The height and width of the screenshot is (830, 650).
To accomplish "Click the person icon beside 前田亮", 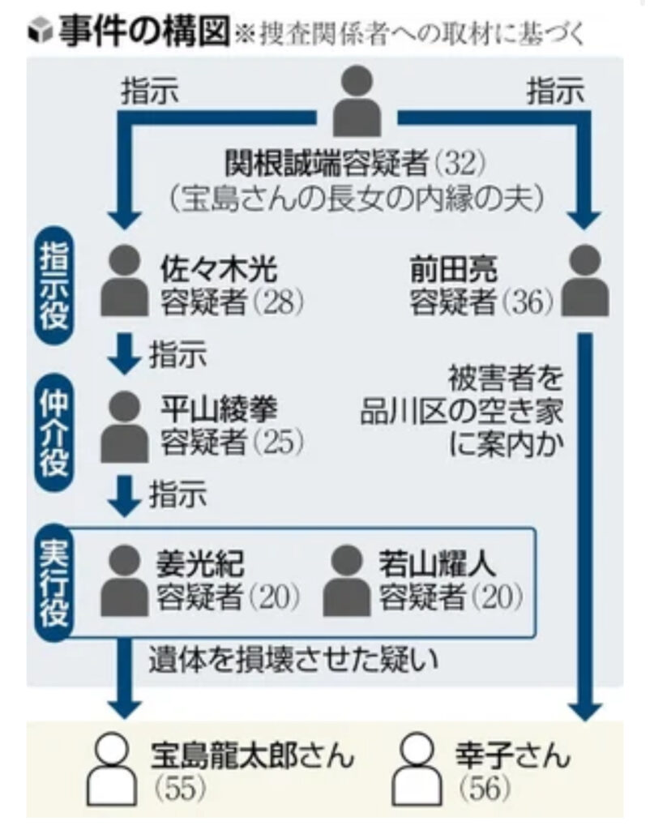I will (x=584, y=280).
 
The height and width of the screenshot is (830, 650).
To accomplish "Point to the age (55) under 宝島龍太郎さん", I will (x=179, y=787).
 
